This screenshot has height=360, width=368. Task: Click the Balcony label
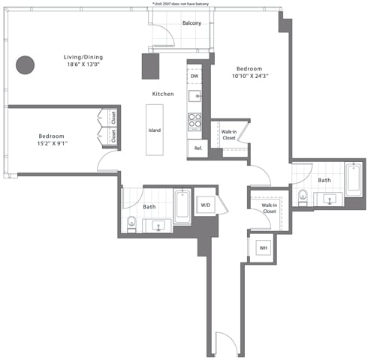[x=192, y=22]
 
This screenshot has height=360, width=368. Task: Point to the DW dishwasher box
[x=195, y=76]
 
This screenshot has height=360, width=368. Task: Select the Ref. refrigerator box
[x=198, y=148]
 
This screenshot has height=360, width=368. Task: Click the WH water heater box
[x=264, y=247]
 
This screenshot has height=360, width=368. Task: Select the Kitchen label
[x=163, y=94]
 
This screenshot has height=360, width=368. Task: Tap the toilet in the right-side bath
[x=303, y=198]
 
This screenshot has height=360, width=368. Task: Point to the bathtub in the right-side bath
[x=354, y=179]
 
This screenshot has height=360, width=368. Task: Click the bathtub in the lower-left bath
[x=182, y=207]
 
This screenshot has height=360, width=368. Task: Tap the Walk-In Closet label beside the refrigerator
[x=229, y=135]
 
